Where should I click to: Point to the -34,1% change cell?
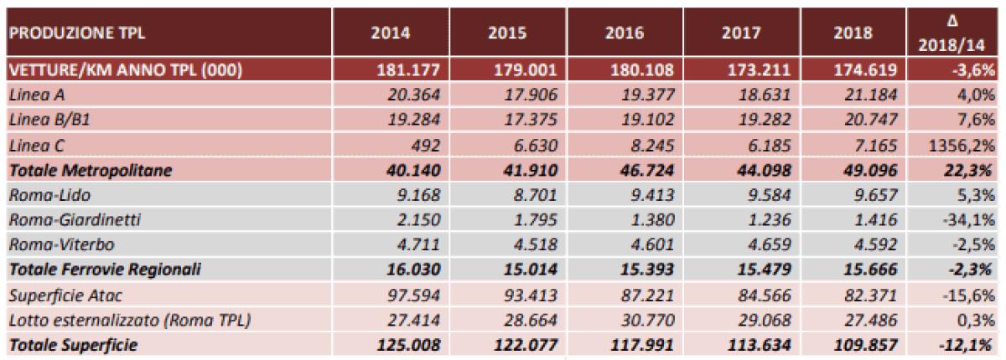tap(972, 221)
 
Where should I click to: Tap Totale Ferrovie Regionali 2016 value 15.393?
tap(640, 270)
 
